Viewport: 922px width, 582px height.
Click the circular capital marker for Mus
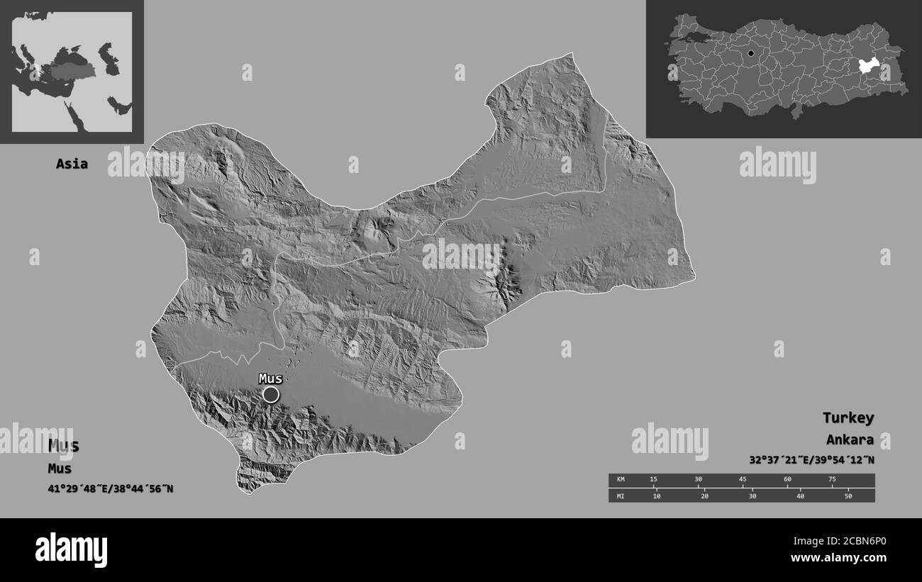(x=270, y=394)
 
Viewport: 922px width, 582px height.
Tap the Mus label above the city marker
(x=270, y=379)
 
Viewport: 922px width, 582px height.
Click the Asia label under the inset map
(x=72, y=164)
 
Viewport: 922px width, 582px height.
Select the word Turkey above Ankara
(x=848, y=418)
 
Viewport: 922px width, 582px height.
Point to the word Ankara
(x=850, y=440)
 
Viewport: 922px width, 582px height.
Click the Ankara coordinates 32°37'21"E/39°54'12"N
(x=811, y=459)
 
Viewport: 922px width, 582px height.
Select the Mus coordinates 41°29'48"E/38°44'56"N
(x=111, y=488)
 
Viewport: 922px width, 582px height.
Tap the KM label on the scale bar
(x=621, y=480)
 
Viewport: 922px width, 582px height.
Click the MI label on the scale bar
(x=621, y=496)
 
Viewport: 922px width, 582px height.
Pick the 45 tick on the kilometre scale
(x=743, y=480)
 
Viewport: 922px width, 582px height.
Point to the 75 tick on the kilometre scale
(x=831, y=480)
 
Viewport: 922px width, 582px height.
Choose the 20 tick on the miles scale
(x=704, y=496)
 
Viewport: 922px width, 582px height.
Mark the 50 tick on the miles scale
(x=848, y=496)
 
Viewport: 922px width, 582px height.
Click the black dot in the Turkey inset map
(x=750, y=53)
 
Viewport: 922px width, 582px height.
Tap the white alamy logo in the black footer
(x=71, y=549)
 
